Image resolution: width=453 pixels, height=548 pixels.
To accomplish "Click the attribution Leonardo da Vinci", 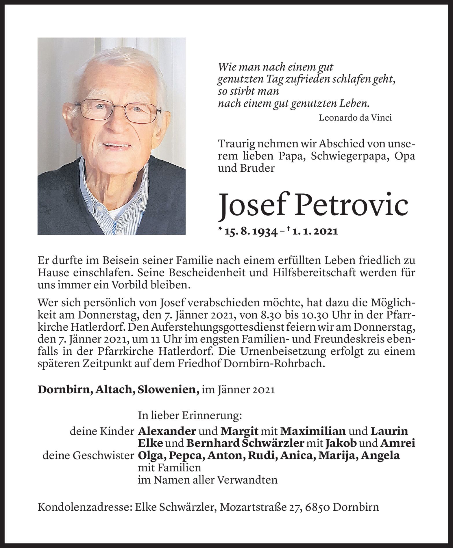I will pyautogui.click(x=355, y=118).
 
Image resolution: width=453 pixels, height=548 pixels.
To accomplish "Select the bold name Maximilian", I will pyautogui.click(x=313, y=431).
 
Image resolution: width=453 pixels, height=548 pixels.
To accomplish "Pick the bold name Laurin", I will pyautogui.click(x=389, y=431).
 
